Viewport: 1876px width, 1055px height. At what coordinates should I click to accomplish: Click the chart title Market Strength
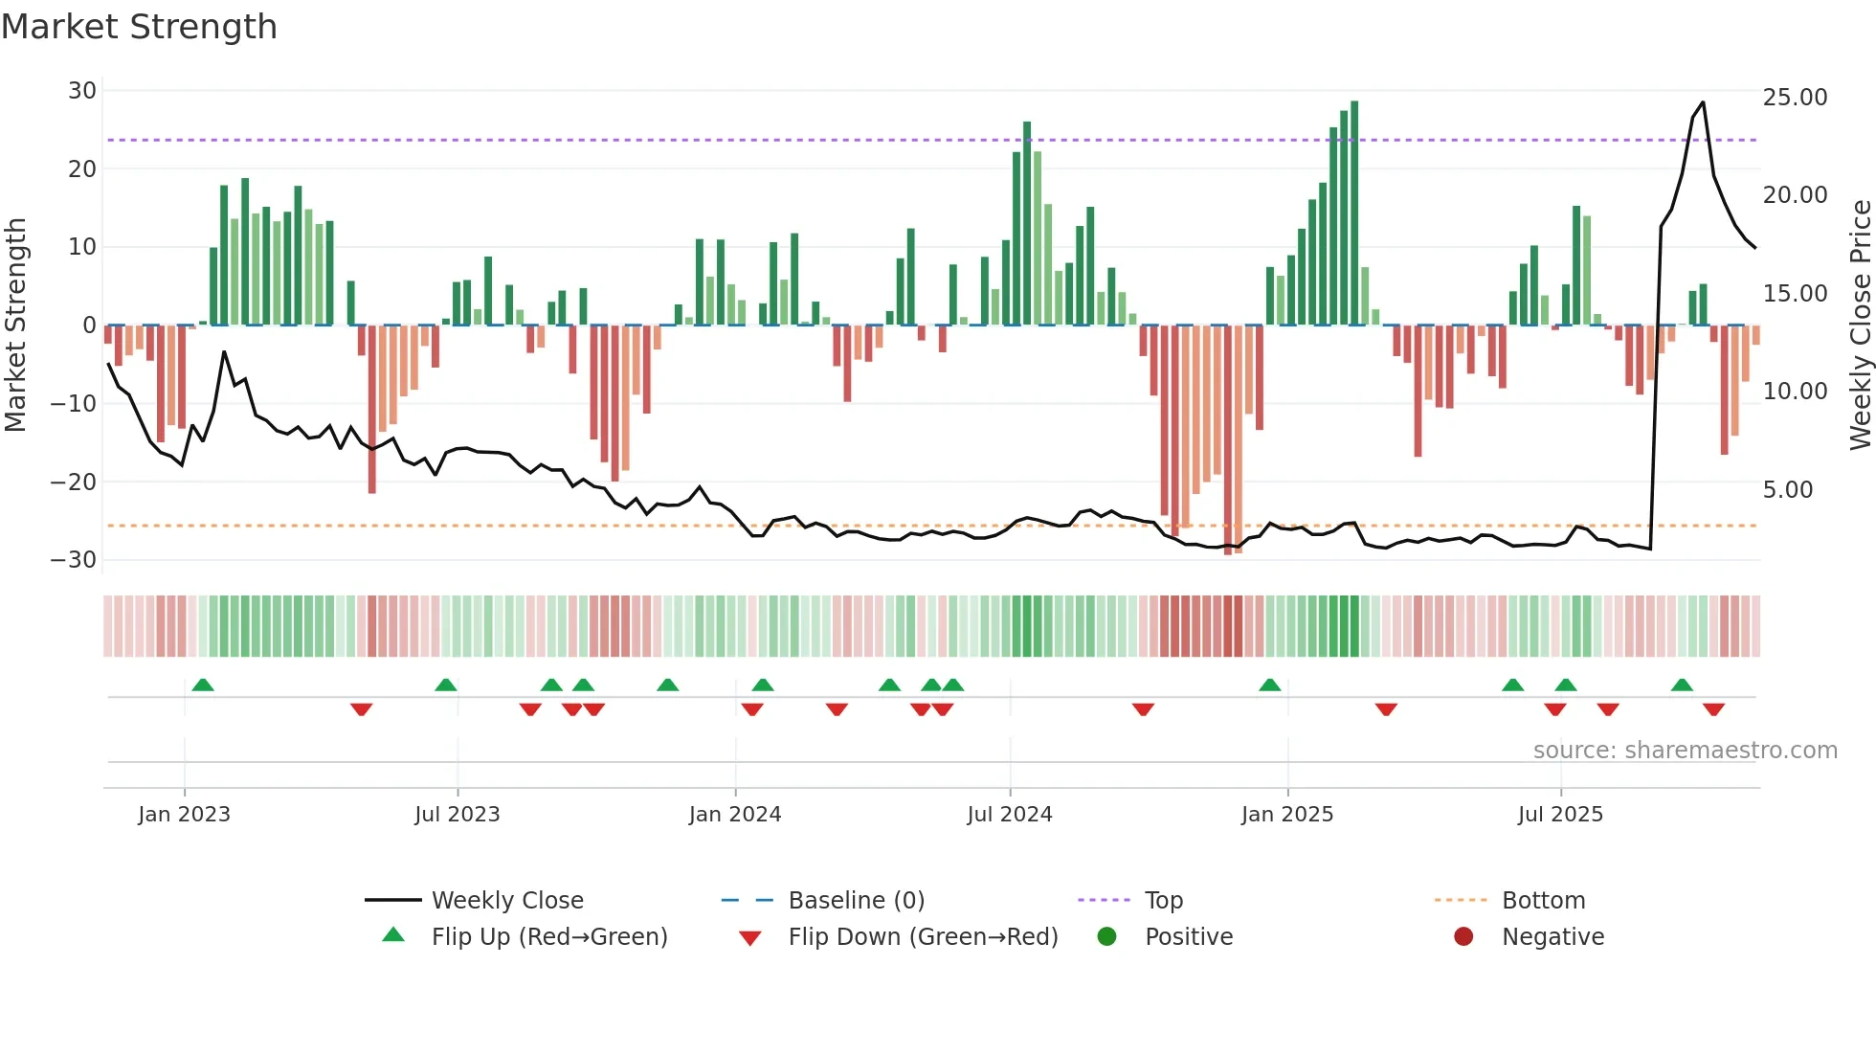click(x=139, y=27)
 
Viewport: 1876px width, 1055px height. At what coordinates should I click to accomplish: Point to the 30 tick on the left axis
click(x=82, y=91)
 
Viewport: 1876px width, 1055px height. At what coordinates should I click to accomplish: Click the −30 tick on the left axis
click(x=74, y=560)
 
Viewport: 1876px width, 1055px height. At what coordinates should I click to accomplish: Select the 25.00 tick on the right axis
click(x=1795, y=98)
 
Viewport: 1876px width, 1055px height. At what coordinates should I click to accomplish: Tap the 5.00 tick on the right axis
click(x=1788, y=490)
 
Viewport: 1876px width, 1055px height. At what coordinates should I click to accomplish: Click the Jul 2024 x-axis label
click(x=1009, y=815)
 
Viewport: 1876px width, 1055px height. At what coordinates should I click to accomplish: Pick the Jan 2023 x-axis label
click(x=184, y=815)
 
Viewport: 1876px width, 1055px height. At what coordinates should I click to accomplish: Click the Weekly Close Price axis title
click(x=1860, y=325)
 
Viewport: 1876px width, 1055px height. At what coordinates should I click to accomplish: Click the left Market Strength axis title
click(x=16, y=325)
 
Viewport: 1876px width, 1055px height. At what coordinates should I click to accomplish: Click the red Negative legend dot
click(x=1463, y=937)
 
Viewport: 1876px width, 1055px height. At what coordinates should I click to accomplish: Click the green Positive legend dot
click(x=1107, y=937)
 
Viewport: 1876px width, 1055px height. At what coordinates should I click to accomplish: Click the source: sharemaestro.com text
click(x=1685, y=751)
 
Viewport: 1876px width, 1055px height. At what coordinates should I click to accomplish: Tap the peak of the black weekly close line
click(x=1703, y=102)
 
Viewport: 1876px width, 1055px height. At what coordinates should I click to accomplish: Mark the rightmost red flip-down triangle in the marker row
click(x=1713, y=709)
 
